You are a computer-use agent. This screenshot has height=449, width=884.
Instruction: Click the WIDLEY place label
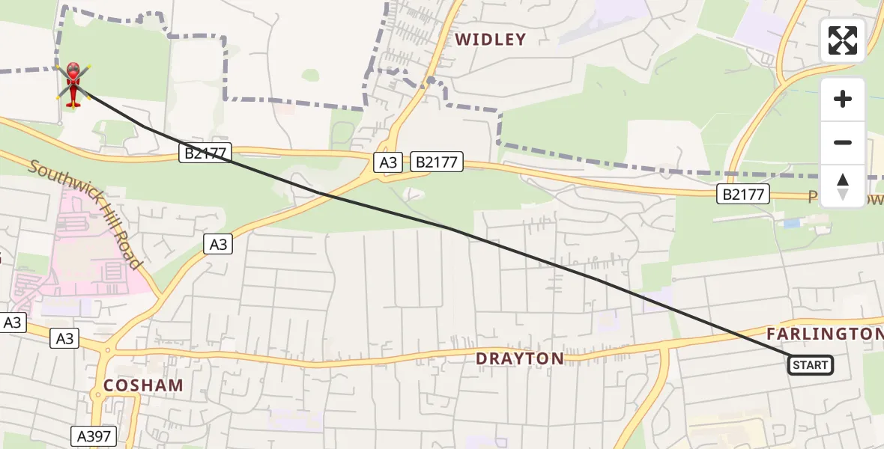tap(490, 40)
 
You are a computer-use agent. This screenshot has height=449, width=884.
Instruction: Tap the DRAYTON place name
tap(520, 359)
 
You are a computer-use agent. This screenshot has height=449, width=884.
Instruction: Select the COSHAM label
tap(143, 386)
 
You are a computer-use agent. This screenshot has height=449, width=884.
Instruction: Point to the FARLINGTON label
tap(824, 334)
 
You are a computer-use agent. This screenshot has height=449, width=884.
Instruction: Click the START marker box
tap(810, 365)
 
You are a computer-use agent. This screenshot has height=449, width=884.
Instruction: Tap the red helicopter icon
tap(73, 85)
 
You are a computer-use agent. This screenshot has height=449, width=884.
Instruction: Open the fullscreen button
tap(843, 40)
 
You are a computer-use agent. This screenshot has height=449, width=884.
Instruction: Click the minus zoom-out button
tap(843, 142)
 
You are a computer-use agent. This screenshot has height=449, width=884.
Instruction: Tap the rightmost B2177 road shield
tap(743, 195)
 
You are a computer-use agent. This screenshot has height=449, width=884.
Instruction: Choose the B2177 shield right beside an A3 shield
tap(438, 162)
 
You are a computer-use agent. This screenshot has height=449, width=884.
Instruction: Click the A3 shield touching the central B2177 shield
tap(389, 162)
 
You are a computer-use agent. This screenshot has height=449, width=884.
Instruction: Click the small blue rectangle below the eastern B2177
tap(792, 223)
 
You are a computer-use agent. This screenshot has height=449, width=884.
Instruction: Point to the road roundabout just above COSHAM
tap(107, 349)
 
